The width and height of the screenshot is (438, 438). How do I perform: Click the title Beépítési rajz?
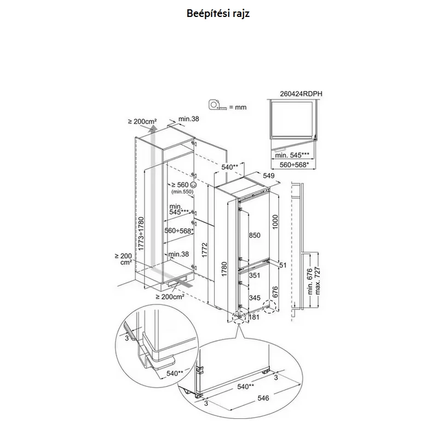[218, 13]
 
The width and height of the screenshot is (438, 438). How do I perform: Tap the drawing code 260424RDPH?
[301, 94]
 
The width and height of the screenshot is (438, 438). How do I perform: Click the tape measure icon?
[217, 105]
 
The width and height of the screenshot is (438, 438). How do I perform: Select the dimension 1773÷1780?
[141, 234]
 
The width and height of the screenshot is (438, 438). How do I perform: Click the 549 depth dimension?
[269, 176]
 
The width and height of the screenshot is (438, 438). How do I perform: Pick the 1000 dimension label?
[275, 222]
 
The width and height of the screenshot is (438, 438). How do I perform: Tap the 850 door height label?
[255, 235]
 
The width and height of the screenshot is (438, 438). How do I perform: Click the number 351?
[255, 275]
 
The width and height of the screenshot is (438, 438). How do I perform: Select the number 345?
[255, 298]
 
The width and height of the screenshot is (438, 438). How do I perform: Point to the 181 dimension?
[254, 317]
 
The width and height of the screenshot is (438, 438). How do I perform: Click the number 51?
[283, 265]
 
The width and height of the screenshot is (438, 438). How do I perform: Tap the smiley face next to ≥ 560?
[193, 185]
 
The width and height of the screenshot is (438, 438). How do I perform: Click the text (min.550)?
[182, 192]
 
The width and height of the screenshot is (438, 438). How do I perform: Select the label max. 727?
[318, 280]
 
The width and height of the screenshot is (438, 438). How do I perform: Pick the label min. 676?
[310, 281]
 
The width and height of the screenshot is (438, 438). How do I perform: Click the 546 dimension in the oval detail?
[263, 398]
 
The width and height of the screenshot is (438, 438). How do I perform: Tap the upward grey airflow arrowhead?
[153, 129]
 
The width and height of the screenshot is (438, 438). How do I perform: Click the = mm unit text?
[238, 107]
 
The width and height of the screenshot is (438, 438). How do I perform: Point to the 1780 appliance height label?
[224, 269]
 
